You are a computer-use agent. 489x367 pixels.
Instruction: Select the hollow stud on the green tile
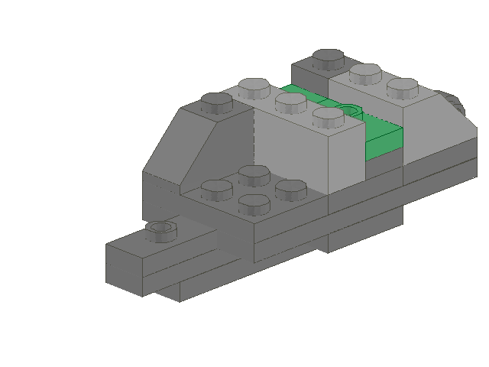(348, 112)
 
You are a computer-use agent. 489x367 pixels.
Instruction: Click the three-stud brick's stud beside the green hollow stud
(329, 115)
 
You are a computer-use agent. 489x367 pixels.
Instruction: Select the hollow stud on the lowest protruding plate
(160, 228)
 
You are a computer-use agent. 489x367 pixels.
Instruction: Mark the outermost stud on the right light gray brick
(402, 86)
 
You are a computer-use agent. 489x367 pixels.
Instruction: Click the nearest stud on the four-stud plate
(254, 203)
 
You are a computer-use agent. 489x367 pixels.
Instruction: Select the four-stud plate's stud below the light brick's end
(290, 187)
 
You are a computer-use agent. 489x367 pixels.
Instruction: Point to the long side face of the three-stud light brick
(290, 149)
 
